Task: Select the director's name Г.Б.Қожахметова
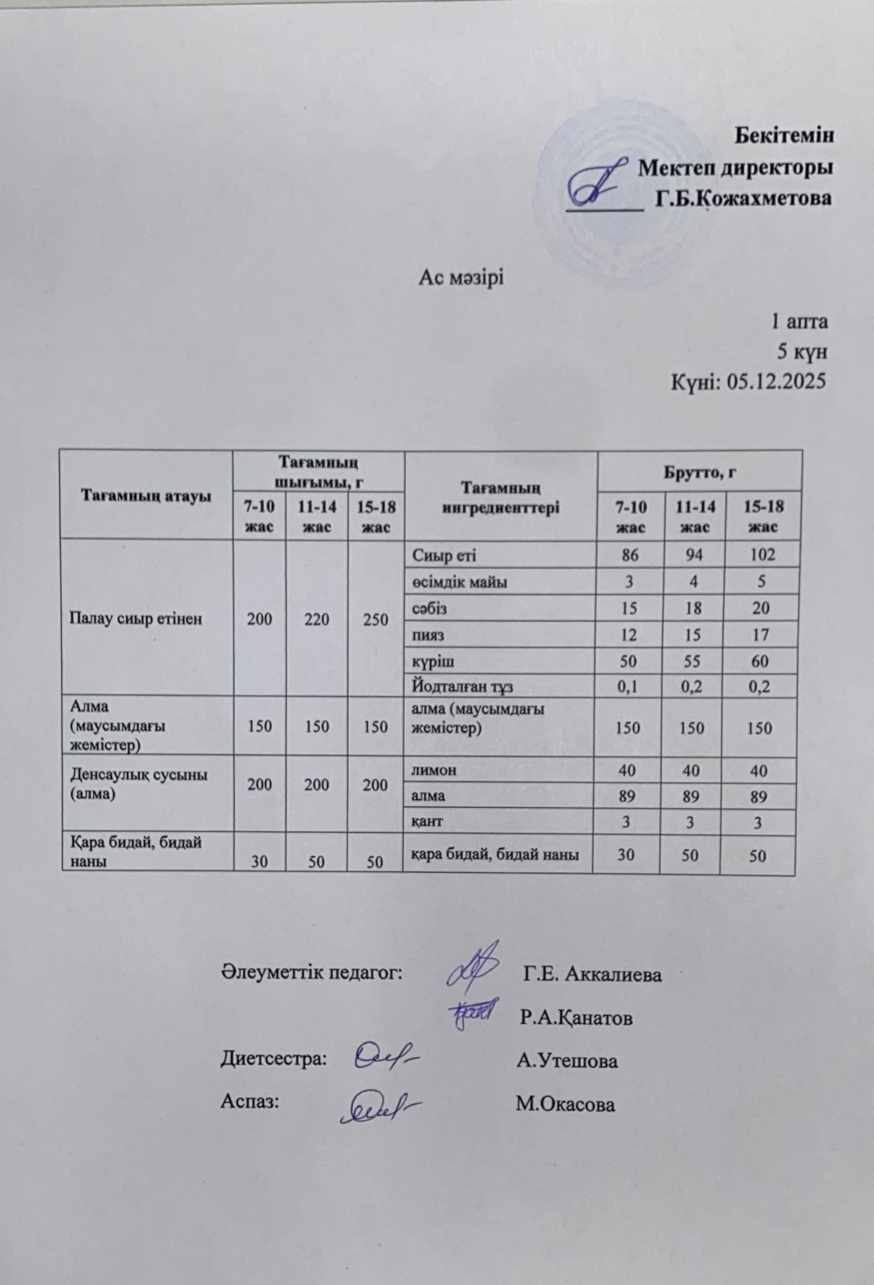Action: coord(743,198)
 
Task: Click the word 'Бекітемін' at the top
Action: coord(784,135)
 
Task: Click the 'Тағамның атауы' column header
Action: coord(146,495)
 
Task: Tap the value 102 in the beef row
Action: coord(762,554)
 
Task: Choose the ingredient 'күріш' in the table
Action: coord(433,661)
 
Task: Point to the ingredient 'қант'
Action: coord(427,822)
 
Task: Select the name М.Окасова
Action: coord(565,1104)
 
